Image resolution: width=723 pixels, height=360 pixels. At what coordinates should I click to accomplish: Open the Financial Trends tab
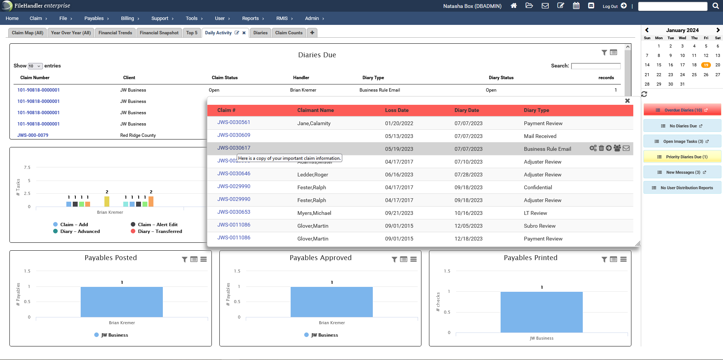tap(115, 33)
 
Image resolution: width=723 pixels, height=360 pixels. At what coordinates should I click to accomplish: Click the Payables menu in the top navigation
tap(94, 18)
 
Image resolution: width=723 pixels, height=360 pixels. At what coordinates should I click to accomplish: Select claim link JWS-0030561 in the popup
tap(234, 123)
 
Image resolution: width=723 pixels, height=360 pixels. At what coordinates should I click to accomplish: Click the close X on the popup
tap(627, 101)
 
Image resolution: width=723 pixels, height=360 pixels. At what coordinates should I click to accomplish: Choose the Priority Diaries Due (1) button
tap(682, 157)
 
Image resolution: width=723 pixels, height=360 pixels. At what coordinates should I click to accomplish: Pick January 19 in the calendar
tap(706, 65)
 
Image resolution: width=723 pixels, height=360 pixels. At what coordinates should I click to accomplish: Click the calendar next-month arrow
tap(718, 30)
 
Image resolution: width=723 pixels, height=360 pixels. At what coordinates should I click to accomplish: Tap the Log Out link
tap(610, 6)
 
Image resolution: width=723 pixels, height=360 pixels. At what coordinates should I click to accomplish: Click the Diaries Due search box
tap(596, 66)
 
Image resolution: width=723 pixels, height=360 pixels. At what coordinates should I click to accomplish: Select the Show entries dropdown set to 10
tap(35, 66)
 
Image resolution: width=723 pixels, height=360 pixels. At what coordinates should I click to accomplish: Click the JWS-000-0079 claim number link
tap(33, 135)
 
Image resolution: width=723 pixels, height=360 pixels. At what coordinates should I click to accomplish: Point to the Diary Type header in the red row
tap(536, 110)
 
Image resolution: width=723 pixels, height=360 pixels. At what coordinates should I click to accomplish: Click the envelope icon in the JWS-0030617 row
tap(626, 148)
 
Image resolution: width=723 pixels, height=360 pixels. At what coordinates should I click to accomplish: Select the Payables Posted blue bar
tap(121, 302)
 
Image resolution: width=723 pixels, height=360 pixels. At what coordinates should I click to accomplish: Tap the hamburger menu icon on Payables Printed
tap(623, 259)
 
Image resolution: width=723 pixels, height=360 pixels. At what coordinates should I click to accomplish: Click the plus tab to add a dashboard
tap(312, 33)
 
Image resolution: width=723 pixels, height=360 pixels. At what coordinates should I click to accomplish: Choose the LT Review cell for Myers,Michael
tap(535, 213)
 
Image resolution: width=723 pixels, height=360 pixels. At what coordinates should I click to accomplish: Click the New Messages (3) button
tap(682, 172)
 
